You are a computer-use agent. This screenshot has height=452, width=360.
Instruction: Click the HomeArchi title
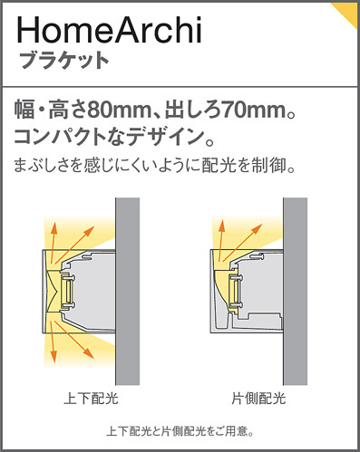click(x=110, y=30)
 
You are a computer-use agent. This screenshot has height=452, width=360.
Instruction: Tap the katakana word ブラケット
click(x=64, y=61)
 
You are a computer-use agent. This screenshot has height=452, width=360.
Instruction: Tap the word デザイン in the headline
click(x=164, y=137)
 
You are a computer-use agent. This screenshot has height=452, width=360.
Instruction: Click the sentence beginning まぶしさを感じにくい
click(x=155, y=166)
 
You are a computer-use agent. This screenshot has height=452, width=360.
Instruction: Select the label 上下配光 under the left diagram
click(x=91, y=399)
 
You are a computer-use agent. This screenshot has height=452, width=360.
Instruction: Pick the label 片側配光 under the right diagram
click(x=258, y=399)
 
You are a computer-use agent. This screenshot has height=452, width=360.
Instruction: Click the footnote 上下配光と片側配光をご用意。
click(x=180, y=431)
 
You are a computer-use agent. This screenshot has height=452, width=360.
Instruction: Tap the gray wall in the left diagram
click(x=128, y=292)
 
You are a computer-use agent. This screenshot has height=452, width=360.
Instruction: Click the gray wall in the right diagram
click(x=296, y=292)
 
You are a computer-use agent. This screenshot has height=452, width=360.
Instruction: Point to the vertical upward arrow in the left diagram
click(x=54, y=242)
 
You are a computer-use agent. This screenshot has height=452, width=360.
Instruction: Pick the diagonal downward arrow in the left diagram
click(x=73, y=340)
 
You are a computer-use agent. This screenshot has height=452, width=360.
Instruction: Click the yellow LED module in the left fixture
click(x=67, y=292)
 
